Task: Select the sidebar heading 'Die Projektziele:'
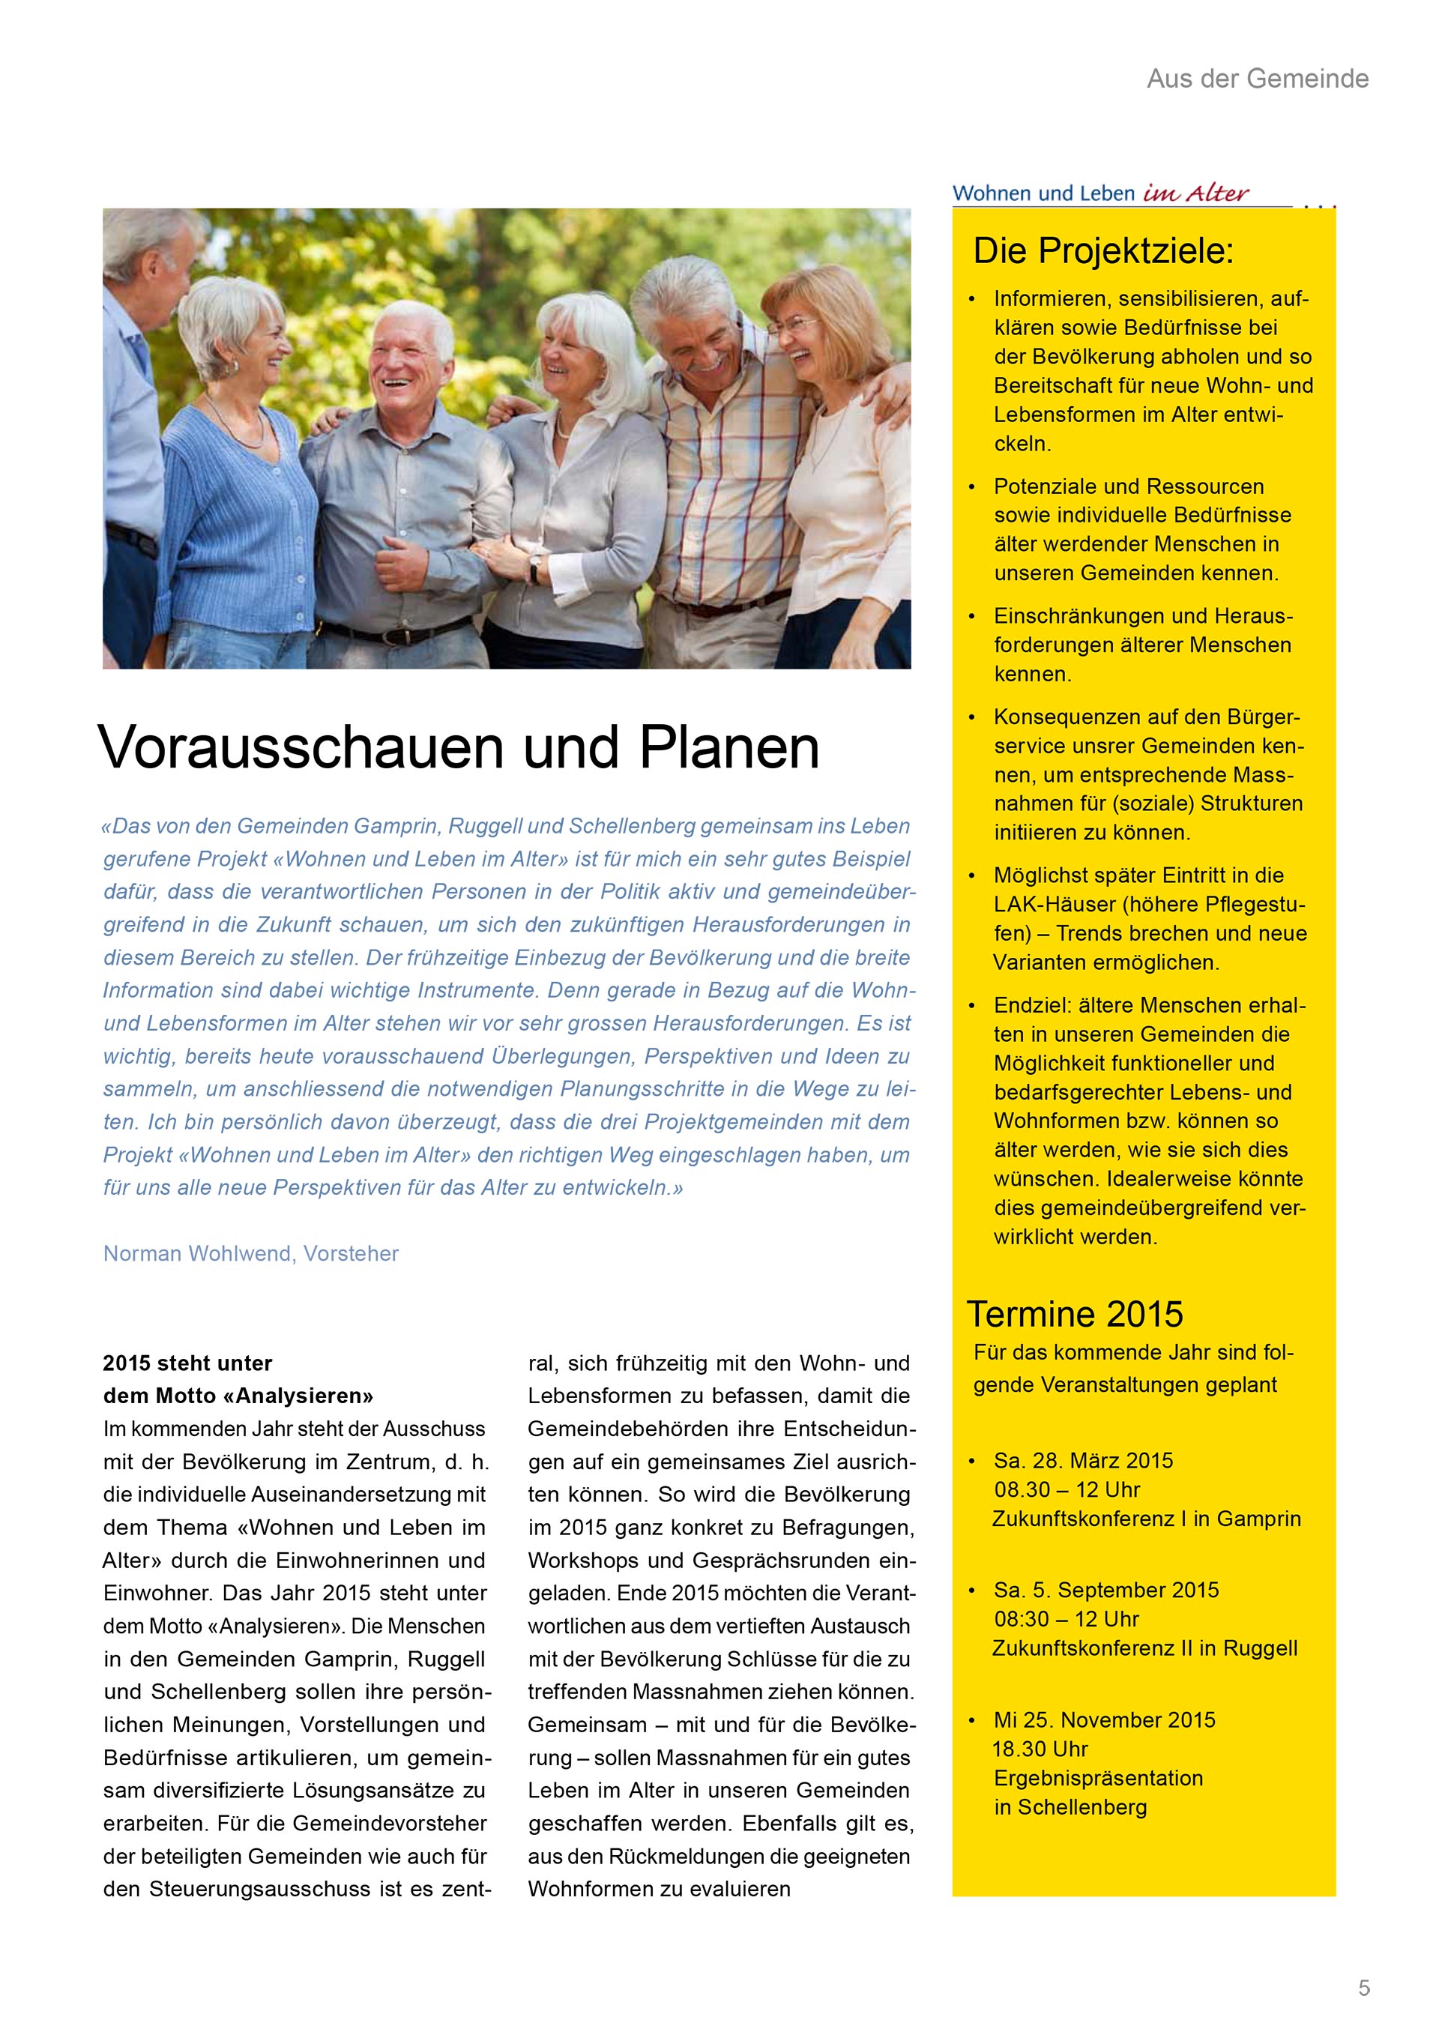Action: pyautogui.click(x=1102, y=251)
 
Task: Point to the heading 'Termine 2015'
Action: pyautogui.click(x=1074, y=1313)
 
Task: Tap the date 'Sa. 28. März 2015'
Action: pyautogui.click(x=1083, y=1461)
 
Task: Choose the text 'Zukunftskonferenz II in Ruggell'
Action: pyautogui.click(x=1144, y=1647)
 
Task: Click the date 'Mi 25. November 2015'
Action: pyautogui.click(x=1104, y=1719)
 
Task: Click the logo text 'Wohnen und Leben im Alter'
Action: pyautogui.click(x=1100, y=193)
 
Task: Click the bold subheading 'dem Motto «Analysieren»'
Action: pyautogui.click(x=238, y=1396)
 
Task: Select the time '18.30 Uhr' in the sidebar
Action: pyautogui.click(x=1040, y=1749)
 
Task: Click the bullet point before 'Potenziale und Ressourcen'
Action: pyautogui.click(x=972, y=486)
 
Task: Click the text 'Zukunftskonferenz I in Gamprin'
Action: pyautogui.click(x=1146, y=1519)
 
